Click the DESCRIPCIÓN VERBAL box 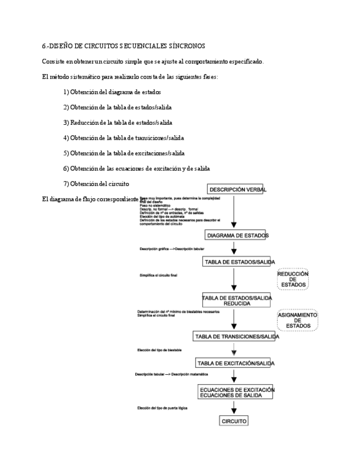click(x=238, y=190)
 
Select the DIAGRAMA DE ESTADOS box click(x=237, y=235)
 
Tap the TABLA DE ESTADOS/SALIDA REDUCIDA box click(x=237, y=300)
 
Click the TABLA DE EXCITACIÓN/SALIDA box click(x=236, y=363)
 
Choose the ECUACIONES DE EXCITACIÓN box click(x=236, y=392)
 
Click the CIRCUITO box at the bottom click(x=234, y=421)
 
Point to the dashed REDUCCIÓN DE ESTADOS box click(x=293, y=279)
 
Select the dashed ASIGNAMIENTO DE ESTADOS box click(x=297, y=320)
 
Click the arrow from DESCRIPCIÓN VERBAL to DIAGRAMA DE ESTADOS click(x=234, y=212)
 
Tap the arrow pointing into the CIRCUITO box click(x=234, y=407)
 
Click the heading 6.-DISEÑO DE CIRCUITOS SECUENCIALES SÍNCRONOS click(x=123, y=46)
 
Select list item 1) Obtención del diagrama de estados click(x=112, y=92)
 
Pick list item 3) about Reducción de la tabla click(x=118, y=123)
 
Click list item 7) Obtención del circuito click(x=96, y=183)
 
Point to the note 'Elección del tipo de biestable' click(x=159, y=350)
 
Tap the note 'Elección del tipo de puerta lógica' click(x=163, y=408)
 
